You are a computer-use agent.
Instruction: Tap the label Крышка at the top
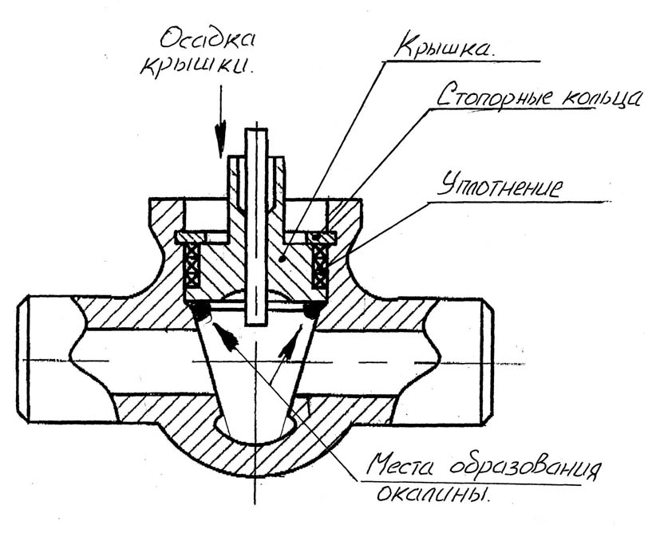point(444,47)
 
